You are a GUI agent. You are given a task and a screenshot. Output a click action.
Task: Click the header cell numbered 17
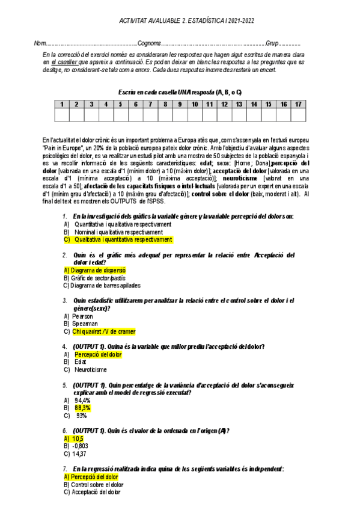click(x=297, y=105)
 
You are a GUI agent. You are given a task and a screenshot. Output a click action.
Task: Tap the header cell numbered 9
click(x=179, y=105)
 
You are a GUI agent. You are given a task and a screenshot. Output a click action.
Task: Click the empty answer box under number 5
click(x=120, y=114)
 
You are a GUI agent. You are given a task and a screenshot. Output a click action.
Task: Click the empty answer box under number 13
click(x=239, y=114)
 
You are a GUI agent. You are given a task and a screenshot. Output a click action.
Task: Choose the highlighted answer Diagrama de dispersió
click(x=94, y=271)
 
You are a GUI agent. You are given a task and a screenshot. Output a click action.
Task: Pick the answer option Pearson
click(x=82, y=316)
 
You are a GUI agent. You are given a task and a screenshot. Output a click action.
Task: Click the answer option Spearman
click(x=85, y=324)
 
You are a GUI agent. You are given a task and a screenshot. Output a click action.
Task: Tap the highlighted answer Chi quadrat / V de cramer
click(x=103, y=331)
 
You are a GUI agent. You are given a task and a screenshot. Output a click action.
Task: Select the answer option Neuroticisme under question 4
click(x=90, y=369)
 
